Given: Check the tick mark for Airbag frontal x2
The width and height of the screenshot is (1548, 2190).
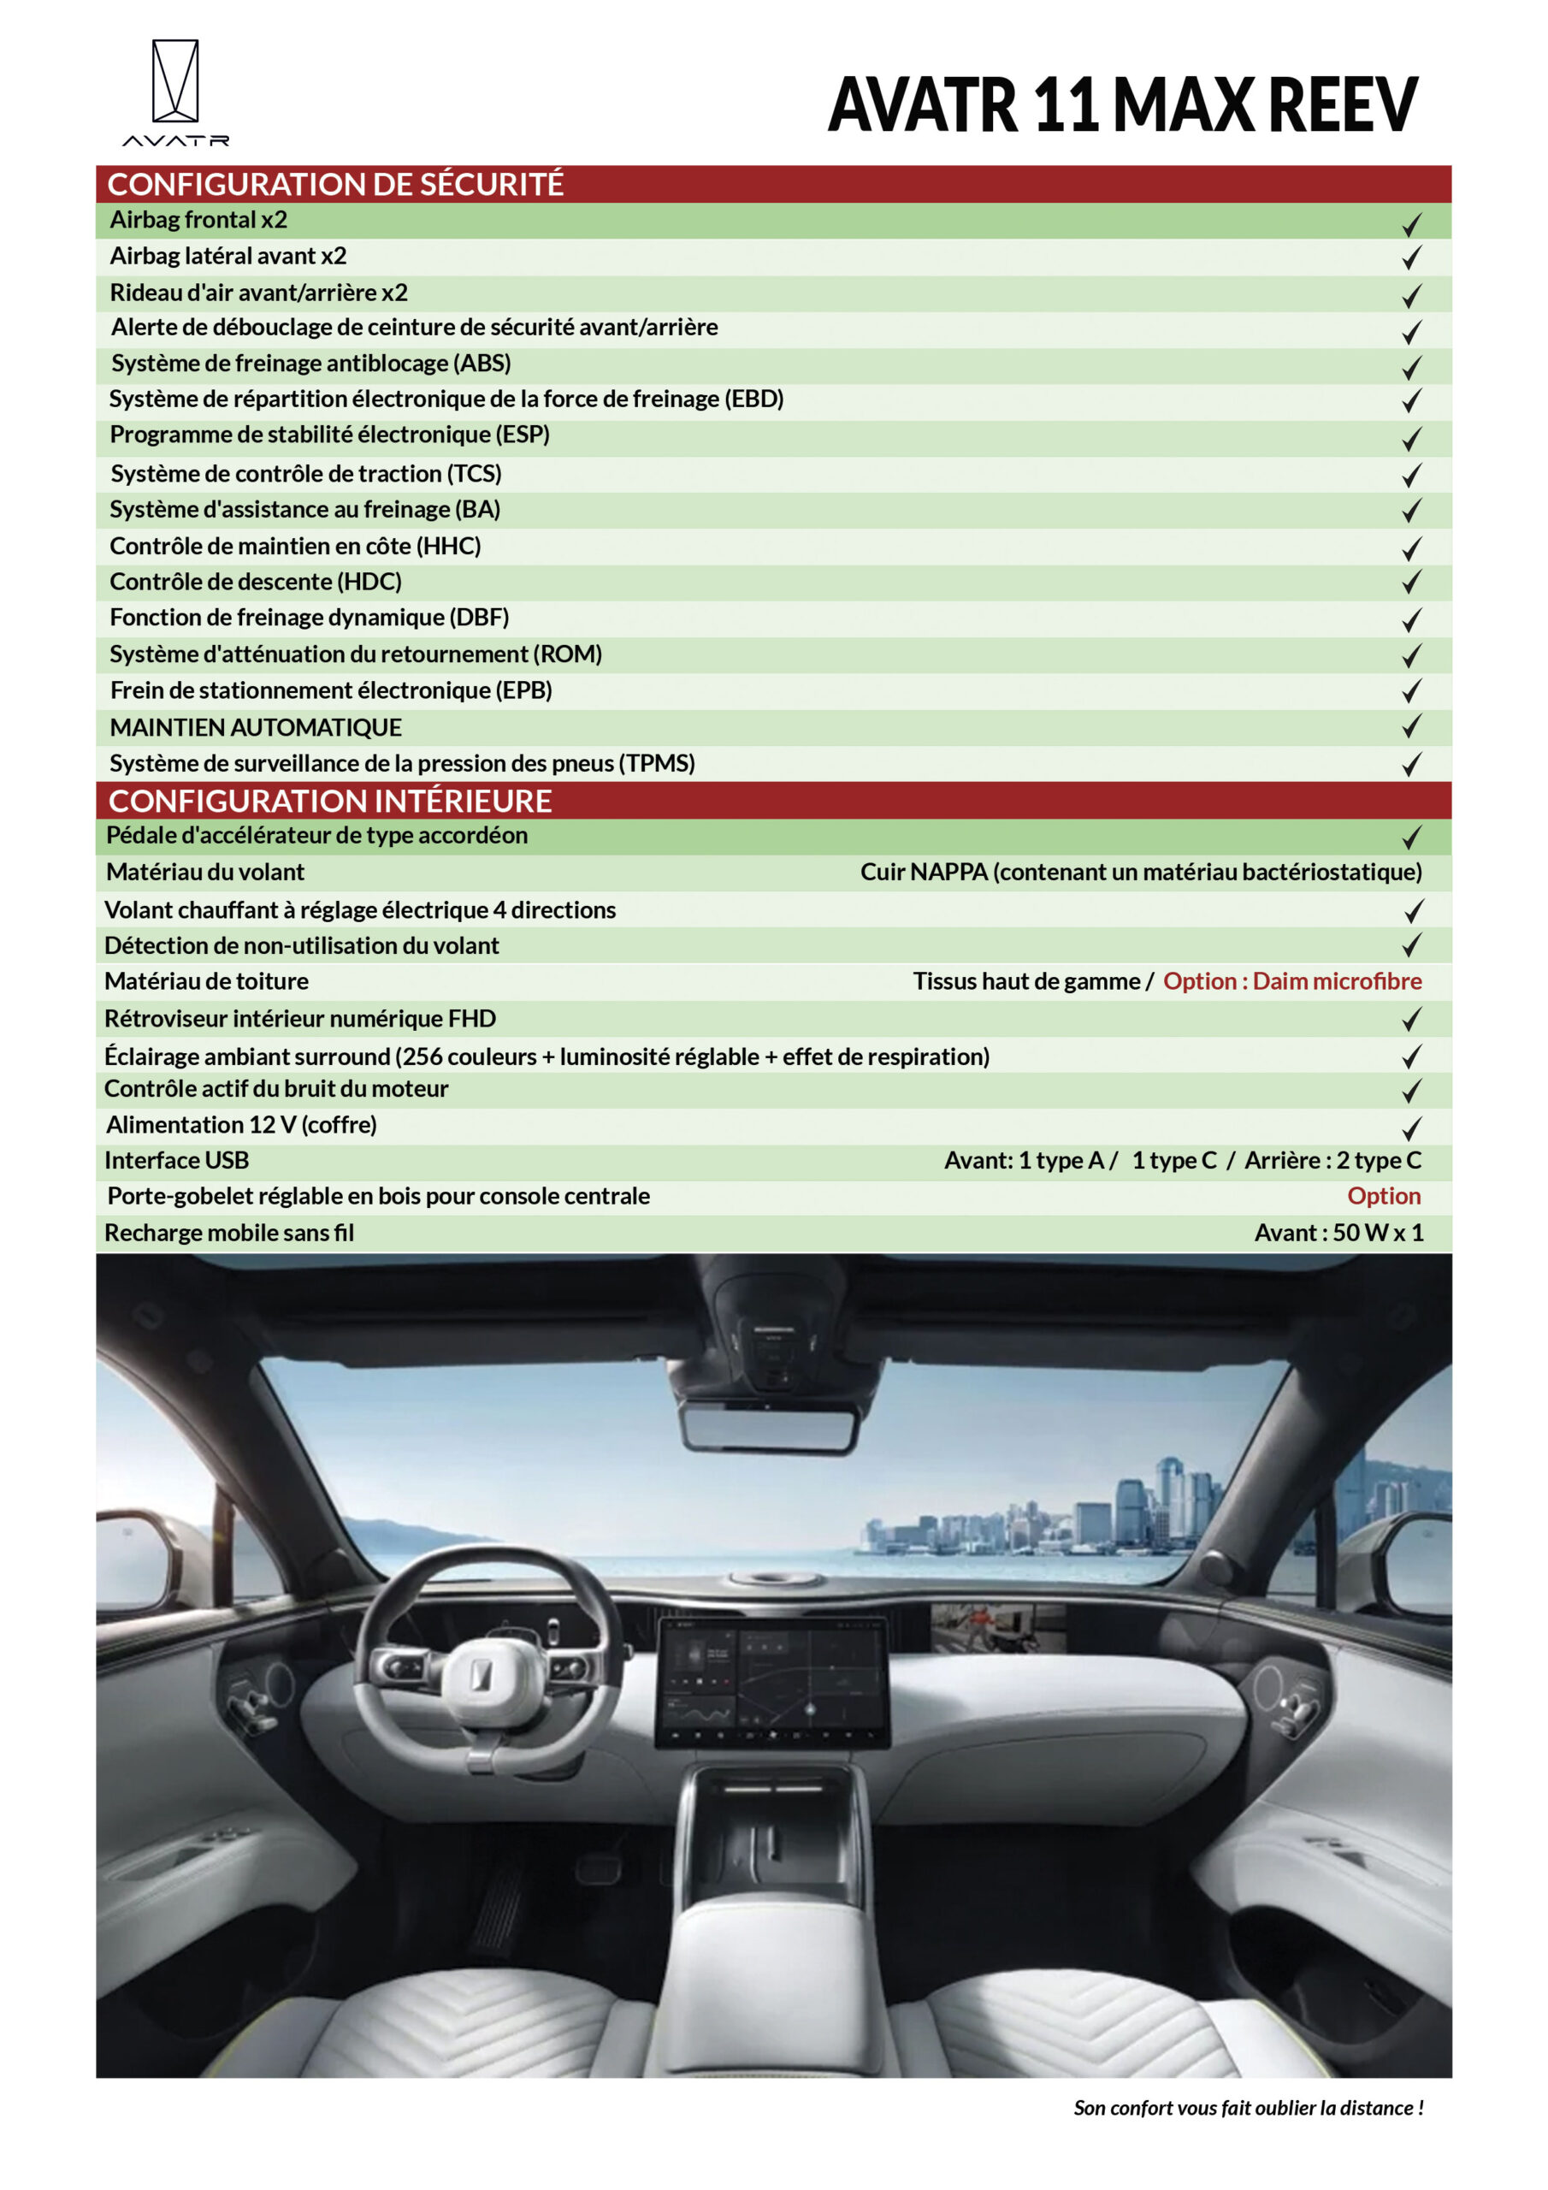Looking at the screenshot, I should [x=1410, y=224].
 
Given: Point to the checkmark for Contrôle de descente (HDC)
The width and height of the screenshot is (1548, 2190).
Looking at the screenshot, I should [x=1410, y=582].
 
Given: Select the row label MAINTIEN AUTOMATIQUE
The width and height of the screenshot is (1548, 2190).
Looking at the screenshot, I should [x=256, y=728].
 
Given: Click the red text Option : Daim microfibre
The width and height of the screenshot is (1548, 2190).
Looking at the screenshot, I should [x=1291, y=981].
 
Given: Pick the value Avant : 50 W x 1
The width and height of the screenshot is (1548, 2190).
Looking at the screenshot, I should [x=1338, y=1233].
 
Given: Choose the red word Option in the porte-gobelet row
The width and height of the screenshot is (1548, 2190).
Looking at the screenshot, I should [x=1383, y=1196].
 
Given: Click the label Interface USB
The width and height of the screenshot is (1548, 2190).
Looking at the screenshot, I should [x=176, y=1160].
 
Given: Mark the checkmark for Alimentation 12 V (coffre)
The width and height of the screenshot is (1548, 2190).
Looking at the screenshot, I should [x=1410, y=1128].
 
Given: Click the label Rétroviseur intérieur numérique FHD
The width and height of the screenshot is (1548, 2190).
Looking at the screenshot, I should [x=299, y=1019].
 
